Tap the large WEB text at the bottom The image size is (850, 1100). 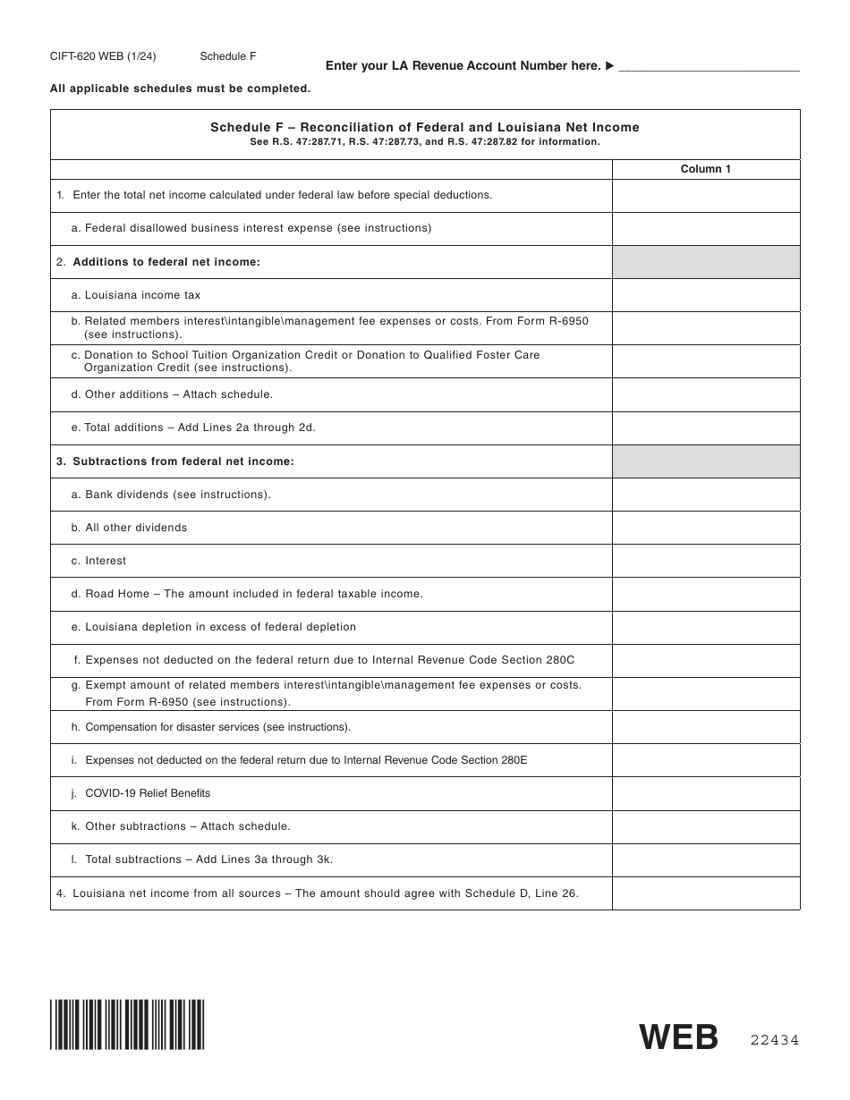click(678, 1037)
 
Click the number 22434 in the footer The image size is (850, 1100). click(774, 1039)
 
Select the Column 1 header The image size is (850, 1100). click(705, 169)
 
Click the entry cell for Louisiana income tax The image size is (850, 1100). click(705, 295)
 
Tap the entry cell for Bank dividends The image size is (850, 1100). click(705, 495)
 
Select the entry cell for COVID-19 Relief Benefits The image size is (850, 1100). click(705, 793)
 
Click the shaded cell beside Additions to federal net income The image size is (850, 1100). click(705, 262)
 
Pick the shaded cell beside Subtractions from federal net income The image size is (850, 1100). click(705, 461)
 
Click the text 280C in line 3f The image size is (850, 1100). click(560, 660)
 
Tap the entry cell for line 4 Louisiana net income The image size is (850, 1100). click(705, 893)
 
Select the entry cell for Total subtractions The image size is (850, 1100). click(705, 859)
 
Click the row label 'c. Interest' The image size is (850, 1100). click(99, 561)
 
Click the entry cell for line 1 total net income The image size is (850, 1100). click(705, 195)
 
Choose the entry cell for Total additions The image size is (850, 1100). click(705, 427)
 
